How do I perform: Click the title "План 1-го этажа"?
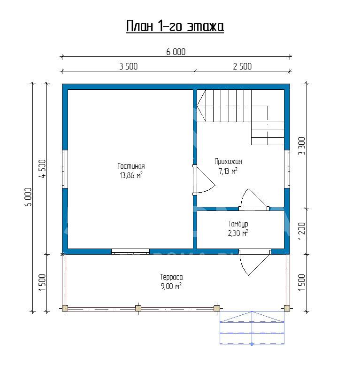(x=175, y=26)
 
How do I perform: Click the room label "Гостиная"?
(x=131, y=166)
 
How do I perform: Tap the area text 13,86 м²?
(x=131, y=175)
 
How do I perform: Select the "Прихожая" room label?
(x=228, y=162)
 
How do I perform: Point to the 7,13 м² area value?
(x=228, y=171)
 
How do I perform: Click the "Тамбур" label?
(x=238, y=224)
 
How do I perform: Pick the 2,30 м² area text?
(x=238, y=233)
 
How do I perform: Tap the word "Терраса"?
(x=171, y=277)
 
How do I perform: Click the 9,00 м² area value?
(x=171, y=286)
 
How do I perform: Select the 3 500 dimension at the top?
(x=129, y=66)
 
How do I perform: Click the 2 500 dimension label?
(x=242, y=66)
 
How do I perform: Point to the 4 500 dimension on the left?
(x=43, y=169)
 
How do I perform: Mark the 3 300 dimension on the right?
(x=301, y=146)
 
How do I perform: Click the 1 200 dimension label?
(x=301, y=231)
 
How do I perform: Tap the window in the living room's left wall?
(x=65, y=169)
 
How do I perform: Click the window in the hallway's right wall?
(x=287, y=169)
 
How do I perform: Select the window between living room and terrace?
(x=130, y=252)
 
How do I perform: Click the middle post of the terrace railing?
(x=138, y=308)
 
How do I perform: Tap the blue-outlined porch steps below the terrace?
(x=252, y=327)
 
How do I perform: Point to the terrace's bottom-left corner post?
(x=65, y=308)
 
